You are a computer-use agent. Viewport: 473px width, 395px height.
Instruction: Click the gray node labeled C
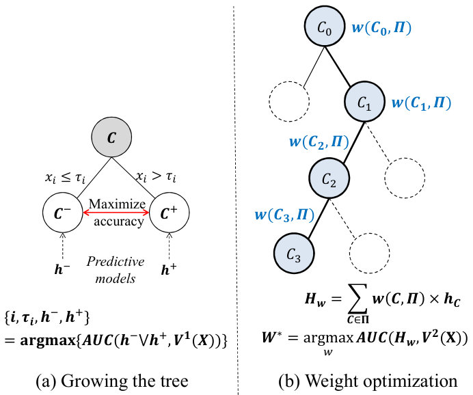click(x=111, y=137)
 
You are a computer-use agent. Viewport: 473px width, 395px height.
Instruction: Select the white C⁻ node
click(x=63, y=213)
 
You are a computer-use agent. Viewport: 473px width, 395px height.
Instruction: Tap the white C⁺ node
click(x=170, y=213)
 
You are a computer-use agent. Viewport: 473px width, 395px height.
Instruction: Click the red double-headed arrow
click(x=116, y=213)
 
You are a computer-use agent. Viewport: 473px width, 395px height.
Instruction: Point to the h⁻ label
click(x=62, y=269)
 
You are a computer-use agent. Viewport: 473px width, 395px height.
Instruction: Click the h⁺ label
click(x=169, y=269)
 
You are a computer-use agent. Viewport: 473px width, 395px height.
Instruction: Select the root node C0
click(x=325, y=27)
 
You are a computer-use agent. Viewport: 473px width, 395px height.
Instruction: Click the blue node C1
click(x=365, y=102)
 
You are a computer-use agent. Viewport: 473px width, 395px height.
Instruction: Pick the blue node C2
click(x=329, y=178)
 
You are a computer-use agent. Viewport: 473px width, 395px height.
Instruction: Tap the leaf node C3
click(x=294, y=254)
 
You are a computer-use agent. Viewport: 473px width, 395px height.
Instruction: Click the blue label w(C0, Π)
click(x=381, y=28)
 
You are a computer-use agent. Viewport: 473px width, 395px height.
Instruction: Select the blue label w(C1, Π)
click(x=422, y=103)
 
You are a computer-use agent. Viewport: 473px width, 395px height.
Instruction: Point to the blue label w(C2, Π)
click(x=319, y=141)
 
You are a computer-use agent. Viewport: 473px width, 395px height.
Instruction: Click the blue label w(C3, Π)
click(x=284, y=215)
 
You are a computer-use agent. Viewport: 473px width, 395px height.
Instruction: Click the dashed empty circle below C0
click(x=289, y=102)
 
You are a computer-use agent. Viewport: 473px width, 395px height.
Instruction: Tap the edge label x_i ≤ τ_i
click(x=65, y=178)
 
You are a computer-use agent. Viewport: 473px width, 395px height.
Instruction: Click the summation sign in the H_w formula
click(x=358, y=299)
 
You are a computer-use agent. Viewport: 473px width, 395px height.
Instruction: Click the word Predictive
click(x=116, y=262)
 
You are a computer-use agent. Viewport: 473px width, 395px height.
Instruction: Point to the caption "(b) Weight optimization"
click(x=368, y=381)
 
